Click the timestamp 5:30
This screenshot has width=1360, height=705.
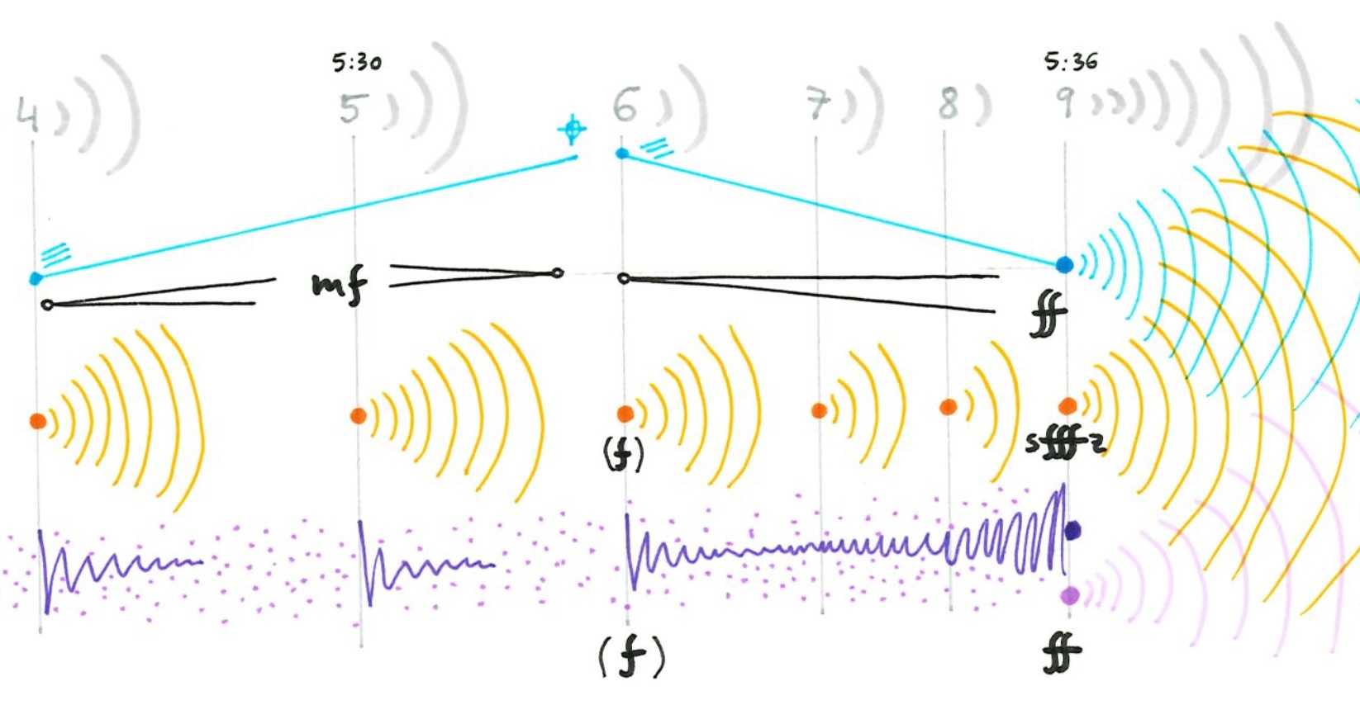coord(357,63)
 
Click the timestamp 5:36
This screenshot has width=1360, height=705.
coord(1071,62)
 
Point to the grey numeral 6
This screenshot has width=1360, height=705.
coord(625,106)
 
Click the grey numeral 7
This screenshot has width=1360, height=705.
coord(817,105)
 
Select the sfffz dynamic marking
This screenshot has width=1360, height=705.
coord(1065,444)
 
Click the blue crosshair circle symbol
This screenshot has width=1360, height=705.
coord(571,130)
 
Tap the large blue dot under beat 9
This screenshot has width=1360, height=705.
coord(1064,265)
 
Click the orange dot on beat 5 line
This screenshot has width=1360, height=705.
coord(358,416)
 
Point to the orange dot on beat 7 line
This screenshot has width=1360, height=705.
coord(819,410)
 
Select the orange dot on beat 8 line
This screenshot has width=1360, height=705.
coord(949,407)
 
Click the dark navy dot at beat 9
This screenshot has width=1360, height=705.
coord(1072,531)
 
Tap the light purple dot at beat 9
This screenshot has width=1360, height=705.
coord(1070,595)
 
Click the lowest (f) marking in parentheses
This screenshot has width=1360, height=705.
coord(631,658)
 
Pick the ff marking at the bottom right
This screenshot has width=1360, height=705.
coord(1061,653)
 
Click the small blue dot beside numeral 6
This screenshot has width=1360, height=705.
coord(622,154)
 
